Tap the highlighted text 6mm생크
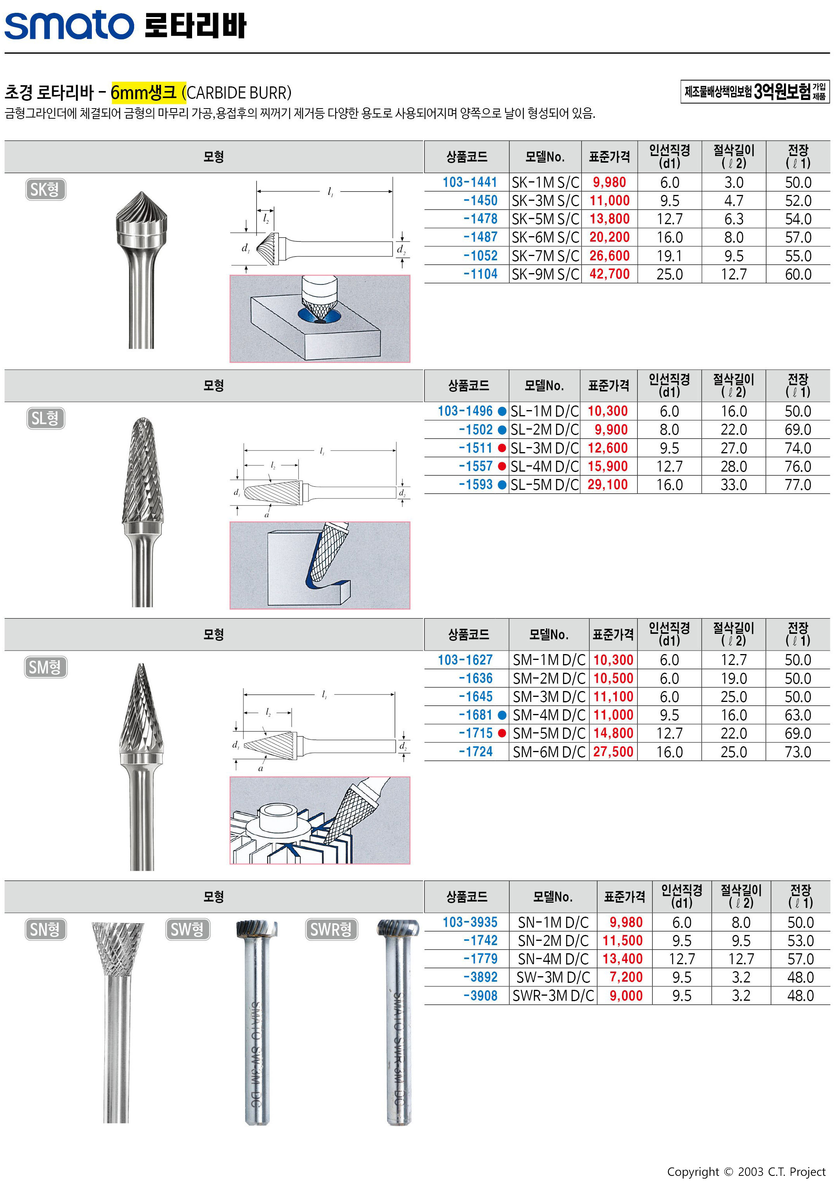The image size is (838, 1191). point(143,92)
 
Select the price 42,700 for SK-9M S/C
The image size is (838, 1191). point(609,274)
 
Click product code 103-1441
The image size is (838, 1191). point(469,182)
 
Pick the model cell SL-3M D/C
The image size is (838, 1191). point(544,448)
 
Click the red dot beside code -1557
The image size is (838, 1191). point(502,467)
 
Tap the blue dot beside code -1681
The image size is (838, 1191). point(502,715)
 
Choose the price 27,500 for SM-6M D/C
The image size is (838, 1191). point(613,752)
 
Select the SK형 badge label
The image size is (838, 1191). point(45,189)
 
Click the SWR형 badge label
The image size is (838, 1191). point(331,929)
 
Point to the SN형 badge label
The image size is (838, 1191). point(45,929)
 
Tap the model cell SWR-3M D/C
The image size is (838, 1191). point(553,995)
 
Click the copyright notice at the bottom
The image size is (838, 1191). point(746,1172)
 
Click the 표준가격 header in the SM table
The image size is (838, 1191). point(613,634)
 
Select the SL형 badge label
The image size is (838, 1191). point(45,418)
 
